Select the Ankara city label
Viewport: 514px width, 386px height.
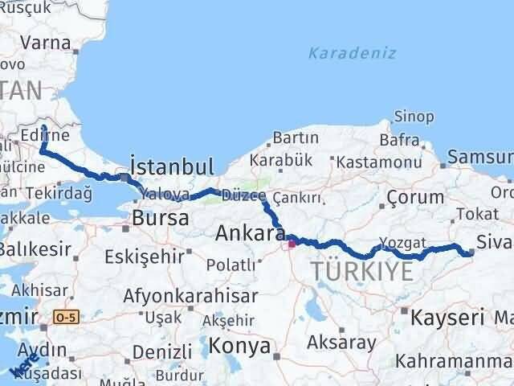click(x=250, y=233)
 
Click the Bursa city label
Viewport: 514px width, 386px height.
click(x=160, y=217)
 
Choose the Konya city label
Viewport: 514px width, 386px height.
click(x=239, y=346)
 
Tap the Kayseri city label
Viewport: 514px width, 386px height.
click(x=447, y=317)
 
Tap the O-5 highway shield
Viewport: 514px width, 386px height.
click(x=67, y=318)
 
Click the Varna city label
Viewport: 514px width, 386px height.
click(x=46, y=42)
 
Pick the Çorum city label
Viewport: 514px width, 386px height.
click(x=414, y=196)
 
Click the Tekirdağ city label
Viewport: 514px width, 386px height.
click(x=59, y=193)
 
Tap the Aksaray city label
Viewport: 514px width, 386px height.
click(x=346, y=342)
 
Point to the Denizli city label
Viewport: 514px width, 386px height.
click(x=161, y=351)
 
